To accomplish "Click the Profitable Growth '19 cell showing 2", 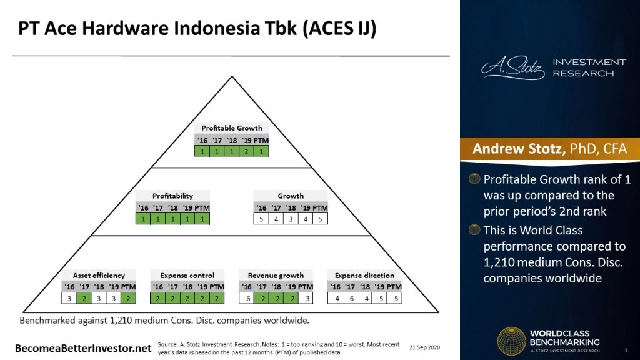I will (247, 151).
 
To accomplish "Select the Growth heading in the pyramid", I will (291, 196).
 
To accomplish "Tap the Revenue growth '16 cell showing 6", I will (247, 299).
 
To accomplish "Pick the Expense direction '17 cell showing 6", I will (351, 299).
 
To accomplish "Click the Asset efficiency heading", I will (99, 276).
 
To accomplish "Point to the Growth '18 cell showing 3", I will (291, 219).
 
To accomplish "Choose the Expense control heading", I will (187, 276).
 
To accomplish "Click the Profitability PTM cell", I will (202, 219).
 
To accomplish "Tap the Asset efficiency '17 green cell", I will (84, 299).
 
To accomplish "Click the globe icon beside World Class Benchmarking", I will (511, 341).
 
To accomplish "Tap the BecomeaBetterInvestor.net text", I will (83, 347).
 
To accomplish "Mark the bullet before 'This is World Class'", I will (475, 229).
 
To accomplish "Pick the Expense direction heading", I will (364, 276).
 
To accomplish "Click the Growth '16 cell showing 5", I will (261, 219).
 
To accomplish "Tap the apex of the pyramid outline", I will (232, 76).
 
